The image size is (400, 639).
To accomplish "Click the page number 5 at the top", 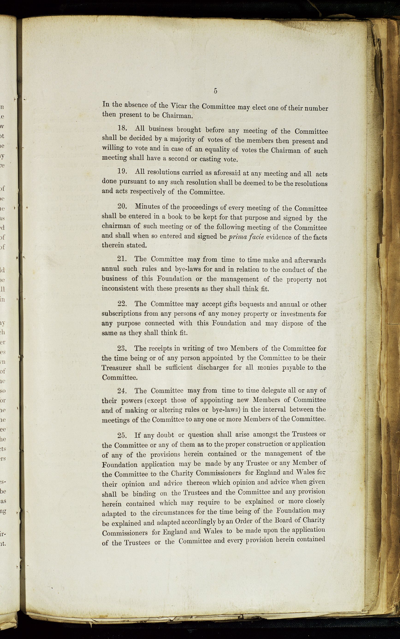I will tap(215, 91).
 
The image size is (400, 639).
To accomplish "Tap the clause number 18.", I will tap(122, 128).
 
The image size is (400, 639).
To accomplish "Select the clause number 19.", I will tap(122, 171).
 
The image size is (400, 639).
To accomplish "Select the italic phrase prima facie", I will tap(246, 237).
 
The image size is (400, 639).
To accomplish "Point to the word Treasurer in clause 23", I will tap(117, 368).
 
